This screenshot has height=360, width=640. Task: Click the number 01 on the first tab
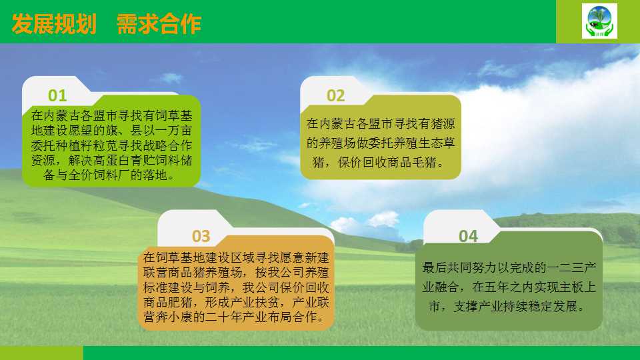57,95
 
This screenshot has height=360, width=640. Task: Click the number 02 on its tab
335,95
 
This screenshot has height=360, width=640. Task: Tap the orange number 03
201,236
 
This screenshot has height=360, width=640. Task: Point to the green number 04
468,236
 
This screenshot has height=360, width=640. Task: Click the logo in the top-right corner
599,21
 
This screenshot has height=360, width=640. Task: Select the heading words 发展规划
54,24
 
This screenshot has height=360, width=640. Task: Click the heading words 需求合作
159,24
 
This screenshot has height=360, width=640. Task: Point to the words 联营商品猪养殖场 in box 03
193,272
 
